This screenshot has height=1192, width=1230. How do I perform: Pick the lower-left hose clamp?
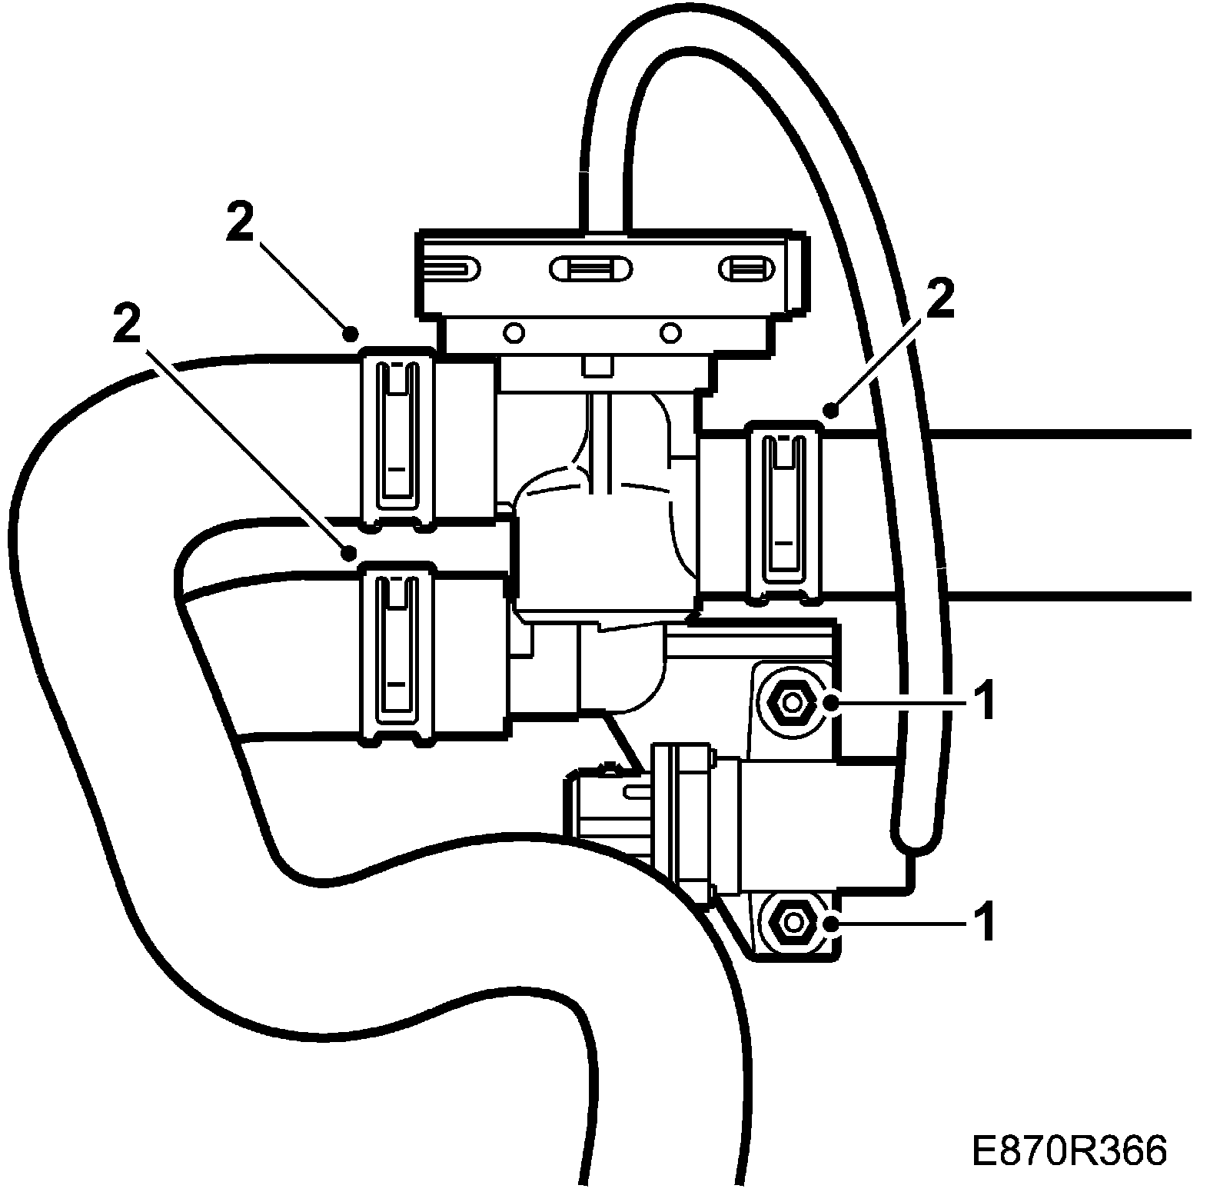coord(397,652)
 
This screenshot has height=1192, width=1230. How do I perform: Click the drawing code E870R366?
coord(1069,1150)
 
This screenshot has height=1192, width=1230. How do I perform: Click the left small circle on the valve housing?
coord(513,333)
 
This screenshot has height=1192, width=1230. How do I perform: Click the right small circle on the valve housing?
coord(671,333)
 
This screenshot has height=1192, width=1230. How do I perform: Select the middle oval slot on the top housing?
coord(591,268)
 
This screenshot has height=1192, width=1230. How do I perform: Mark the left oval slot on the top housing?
coord(450,268)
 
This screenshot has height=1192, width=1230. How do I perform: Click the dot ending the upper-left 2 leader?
coord(350,333)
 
